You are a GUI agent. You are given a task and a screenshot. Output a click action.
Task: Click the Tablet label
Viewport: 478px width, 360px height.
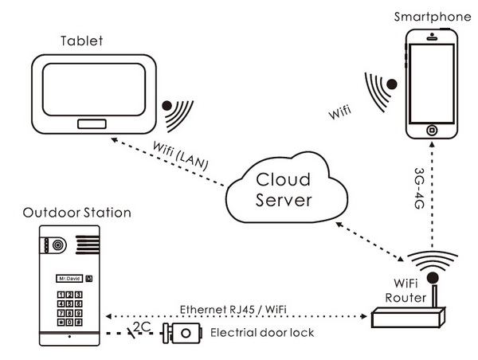[x=82, y=41]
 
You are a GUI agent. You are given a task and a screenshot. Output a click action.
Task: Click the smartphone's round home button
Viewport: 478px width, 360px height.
[x=432, y=130]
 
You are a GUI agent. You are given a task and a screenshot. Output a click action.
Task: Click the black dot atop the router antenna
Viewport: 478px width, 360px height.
[x=433, y=278]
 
